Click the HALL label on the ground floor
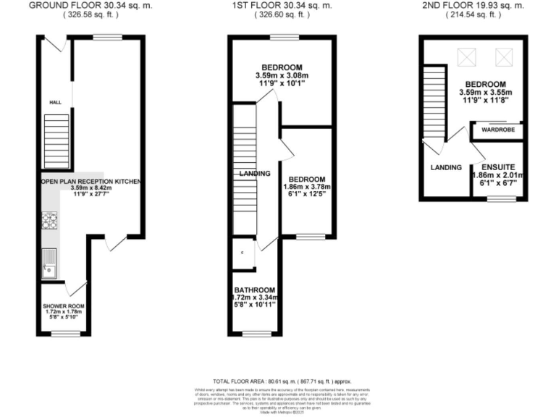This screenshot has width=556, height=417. point(54,103)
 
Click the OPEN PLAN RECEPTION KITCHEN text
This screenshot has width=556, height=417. point(90,181)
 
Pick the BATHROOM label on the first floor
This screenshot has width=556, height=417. point(254,288)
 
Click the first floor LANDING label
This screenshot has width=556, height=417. point(255,174)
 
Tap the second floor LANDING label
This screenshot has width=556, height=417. point(446,167)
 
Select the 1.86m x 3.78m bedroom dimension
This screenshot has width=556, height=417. point(307,188)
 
